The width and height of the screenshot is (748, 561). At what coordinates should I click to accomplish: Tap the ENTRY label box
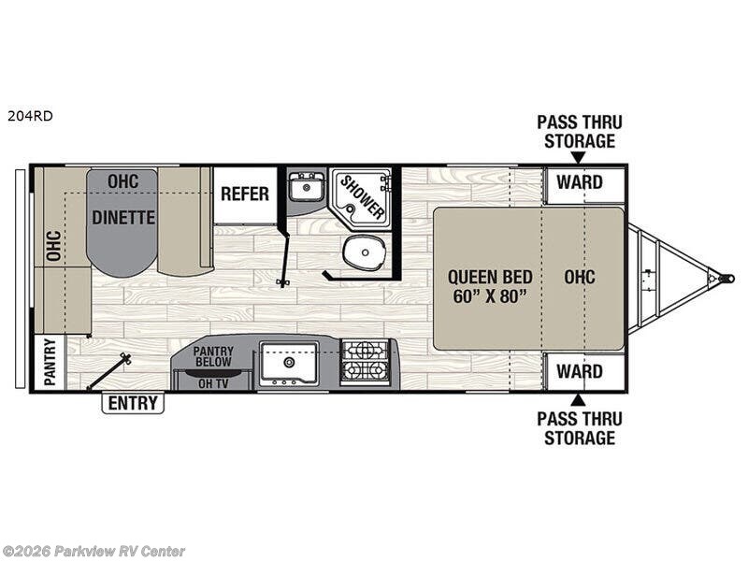133,403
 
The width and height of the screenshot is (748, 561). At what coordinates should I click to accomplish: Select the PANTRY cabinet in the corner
49,362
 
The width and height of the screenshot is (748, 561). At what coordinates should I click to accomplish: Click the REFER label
245,194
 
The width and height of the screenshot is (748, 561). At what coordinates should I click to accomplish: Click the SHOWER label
361,197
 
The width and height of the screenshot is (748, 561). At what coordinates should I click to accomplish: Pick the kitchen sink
289,362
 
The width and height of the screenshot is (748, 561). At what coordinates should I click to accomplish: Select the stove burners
365,361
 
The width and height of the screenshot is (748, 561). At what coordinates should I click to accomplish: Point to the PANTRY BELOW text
213,356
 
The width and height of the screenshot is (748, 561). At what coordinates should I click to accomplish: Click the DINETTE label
122,217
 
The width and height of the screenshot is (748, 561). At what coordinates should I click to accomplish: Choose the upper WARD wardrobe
580,182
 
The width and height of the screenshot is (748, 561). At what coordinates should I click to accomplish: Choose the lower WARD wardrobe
580,371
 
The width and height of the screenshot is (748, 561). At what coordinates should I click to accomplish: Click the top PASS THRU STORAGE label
580,132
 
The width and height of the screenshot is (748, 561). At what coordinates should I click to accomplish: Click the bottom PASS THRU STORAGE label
580,428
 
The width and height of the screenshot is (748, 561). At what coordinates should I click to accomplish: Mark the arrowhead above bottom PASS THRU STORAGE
580,400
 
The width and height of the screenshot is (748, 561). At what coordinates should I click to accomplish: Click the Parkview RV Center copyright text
93,551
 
